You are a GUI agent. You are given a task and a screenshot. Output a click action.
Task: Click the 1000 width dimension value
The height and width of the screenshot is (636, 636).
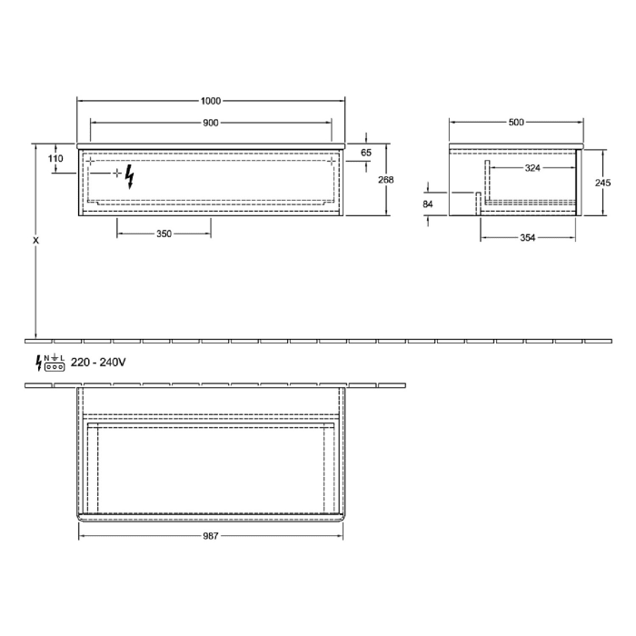pos(211,101)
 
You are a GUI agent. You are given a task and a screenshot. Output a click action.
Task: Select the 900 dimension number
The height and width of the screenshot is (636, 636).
pos(211,123)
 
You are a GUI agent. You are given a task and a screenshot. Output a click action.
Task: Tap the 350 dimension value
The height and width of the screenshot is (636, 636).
pos(164,234)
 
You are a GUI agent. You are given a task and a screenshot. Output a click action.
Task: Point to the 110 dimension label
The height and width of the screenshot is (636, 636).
pos(55,158)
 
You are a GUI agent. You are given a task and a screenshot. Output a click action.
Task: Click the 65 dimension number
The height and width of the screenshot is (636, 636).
pos(366,153)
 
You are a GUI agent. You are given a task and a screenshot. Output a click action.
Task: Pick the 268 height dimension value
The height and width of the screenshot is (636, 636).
pos(385,180)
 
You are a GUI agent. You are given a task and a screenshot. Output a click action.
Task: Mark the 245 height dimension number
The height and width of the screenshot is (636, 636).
pos(601,182)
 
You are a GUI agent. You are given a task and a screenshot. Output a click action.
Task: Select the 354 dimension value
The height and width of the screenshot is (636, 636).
pos(528,238)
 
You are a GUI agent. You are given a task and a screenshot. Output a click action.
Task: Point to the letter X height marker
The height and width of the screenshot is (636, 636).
pos(35,241)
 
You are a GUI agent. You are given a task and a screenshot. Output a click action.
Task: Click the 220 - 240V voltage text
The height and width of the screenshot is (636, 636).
pos(98,363)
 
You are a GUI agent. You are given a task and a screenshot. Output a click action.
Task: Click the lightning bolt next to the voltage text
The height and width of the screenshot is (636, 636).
pos(38,363)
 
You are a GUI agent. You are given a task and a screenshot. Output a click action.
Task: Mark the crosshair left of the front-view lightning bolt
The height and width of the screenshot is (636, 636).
pos(117,172)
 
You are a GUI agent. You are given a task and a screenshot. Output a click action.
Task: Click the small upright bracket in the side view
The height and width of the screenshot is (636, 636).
pos(478,202)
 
